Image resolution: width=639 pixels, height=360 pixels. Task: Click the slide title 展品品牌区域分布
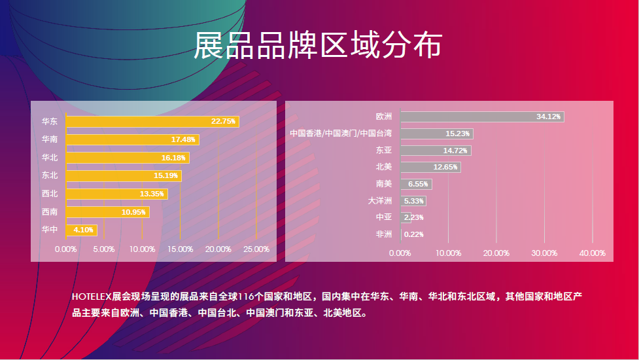pyautogui.click(x=318, y=46)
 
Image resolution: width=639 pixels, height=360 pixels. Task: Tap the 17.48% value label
pyautogui.click(x=183, y=139)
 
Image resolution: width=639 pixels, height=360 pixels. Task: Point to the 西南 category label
pyautogui.click(x=50, y=212)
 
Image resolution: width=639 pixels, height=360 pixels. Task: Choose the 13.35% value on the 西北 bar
pyautogui.click(x=152, y=194)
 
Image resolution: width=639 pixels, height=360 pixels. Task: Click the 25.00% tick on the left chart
pyautogui.click(x=256, y=249)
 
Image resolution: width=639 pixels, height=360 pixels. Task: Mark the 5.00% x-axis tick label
pyautogui.click(x=104, y=249)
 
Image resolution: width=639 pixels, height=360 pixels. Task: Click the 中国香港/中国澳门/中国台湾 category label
pyautogui.click(x=341, y=134)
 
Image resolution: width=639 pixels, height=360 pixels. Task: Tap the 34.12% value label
pyautogui.click(x=548, y=117)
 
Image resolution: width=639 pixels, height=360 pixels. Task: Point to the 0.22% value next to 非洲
pyautogui.click(x=414, y=234)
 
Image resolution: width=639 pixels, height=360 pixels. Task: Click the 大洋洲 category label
pyautogui.click(x=379, y=201)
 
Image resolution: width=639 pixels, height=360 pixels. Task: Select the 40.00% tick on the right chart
pyautogui.click(x=593, y=253)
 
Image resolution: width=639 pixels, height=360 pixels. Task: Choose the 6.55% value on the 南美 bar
pyautogui.click(x=417, y=184)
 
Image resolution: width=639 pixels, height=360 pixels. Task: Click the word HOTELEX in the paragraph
pyautogui.click(x=92, y=297)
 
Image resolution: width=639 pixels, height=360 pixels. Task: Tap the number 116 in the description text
pyautogui.click(x=246, y=297)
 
